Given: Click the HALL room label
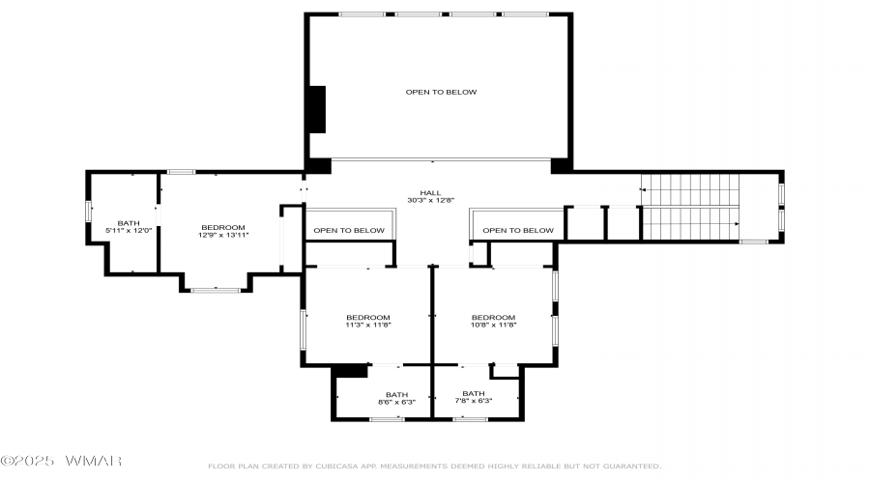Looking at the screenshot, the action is pos(430,193).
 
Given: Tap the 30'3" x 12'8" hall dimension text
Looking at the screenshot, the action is pos(430,200).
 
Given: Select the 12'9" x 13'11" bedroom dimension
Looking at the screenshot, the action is pos(223,235).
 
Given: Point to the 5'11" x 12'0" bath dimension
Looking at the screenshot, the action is pos(129,230).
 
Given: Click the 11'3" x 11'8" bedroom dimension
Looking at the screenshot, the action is pos(368,325).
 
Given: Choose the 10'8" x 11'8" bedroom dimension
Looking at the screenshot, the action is pos(493,325).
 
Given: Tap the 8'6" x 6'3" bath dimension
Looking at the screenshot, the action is pos(396,402).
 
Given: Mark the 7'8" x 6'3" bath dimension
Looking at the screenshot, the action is pos(474,400).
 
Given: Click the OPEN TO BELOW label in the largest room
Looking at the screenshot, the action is pos(441,92).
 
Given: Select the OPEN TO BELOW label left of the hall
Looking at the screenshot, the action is pos(349,230).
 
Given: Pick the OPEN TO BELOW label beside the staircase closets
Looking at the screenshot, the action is pos(518,230).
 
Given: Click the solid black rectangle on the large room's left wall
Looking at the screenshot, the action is pos(317,109).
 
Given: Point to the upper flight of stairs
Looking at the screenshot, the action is pos(690,189).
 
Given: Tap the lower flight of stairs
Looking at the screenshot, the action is pos(691,223).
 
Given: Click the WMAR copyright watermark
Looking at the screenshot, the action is pos(61,461).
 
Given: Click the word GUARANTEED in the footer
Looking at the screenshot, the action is pos(631,467).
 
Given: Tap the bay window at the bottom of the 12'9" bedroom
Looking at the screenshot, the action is pos(216,290).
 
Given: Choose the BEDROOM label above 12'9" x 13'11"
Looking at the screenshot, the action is pos(223,227).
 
